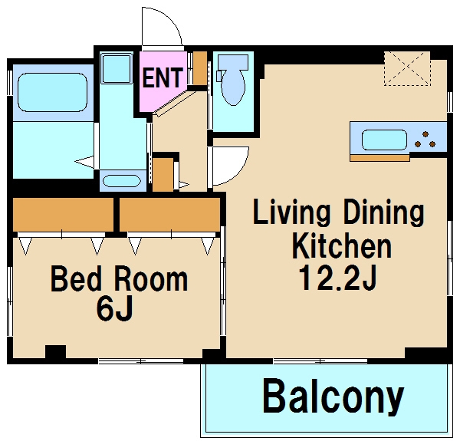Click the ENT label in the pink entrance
pos(163,77)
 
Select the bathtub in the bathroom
pos(52,92)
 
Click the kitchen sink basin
pos(384,140)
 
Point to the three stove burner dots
pos(426,140)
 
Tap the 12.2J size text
pos(337,278)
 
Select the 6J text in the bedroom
pos(115,311)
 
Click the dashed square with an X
pos(407,69)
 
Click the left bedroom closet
pos(63,215)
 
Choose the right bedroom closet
pos(170,215)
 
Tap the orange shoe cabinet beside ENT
pos(200,68)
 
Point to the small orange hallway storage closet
pos(163,175)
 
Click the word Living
pos(291,212)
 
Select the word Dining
pos(384,212)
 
